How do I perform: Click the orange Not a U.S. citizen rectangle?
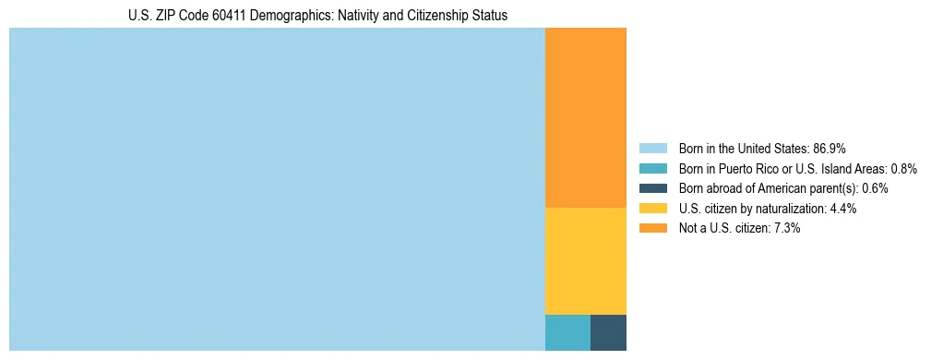point(585,118)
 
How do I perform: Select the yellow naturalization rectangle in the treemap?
point(585,261)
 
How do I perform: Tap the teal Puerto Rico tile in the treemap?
point(567,332)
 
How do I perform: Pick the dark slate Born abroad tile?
point(608,332)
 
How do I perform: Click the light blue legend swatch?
point(652,148)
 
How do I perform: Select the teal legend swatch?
point(652,168)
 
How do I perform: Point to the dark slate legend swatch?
point(652,188)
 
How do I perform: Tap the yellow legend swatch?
point(652,209)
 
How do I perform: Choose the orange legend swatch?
point(652,228)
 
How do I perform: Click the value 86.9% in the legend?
point(830,148)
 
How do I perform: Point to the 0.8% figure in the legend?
point(904,168)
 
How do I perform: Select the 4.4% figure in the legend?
point(843,209)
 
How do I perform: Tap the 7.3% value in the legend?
point(787,228)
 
